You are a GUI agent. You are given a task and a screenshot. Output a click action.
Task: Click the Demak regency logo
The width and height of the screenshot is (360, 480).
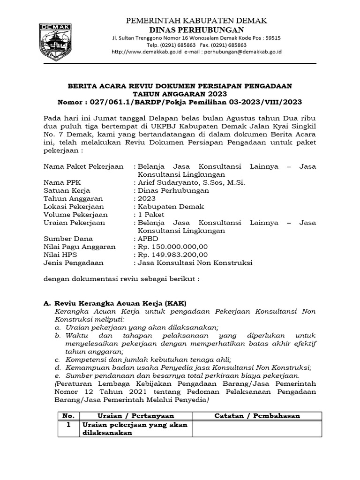tap(55, 40)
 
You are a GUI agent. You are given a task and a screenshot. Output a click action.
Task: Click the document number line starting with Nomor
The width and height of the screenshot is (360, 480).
tap(180, 102)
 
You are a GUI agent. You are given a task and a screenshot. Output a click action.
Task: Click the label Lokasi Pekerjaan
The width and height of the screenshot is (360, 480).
tap(74, 206)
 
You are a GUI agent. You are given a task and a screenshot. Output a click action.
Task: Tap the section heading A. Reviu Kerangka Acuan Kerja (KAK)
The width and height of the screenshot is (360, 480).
tap(116, 303)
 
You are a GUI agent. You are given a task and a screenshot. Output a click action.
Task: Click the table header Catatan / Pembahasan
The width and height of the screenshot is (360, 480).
tap(257, 416)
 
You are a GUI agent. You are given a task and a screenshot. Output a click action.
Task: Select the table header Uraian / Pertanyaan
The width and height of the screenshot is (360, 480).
tap(135, 416)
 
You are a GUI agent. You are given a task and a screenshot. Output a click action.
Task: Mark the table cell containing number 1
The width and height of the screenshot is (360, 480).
tap(68, 425)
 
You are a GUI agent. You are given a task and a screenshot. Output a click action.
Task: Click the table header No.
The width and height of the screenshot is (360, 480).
tap(68, 416)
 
